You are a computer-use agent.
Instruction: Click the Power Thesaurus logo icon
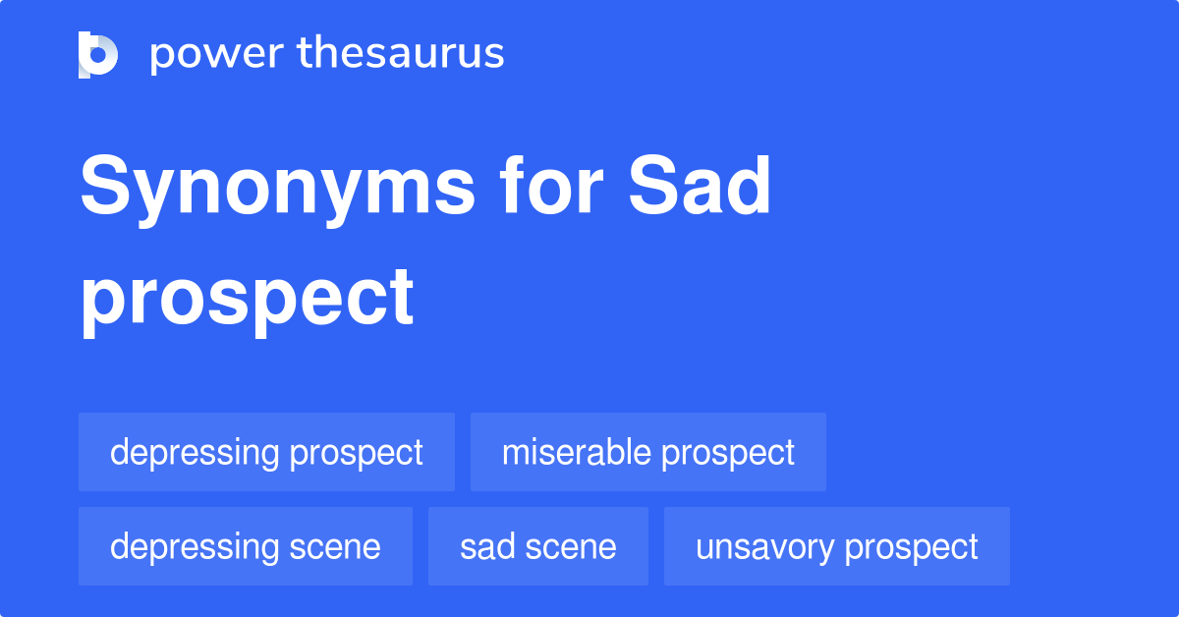pos(98,54)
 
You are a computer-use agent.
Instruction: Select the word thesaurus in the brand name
pos(401,54)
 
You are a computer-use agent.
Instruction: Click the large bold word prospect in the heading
pos(247,299)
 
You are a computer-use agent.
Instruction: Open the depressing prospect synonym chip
pos(266,452)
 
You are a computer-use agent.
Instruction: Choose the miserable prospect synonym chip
pos(647,452)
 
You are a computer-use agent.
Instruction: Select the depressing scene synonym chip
pos(245,546)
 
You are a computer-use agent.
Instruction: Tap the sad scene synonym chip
pos(537,546)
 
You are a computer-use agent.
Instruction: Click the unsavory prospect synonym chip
pos(836,546)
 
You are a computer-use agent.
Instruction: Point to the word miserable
pos(576,452)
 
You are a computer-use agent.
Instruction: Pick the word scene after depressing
pos(335,546)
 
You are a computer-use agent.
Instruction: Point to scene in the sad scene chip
pos(572,546)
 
